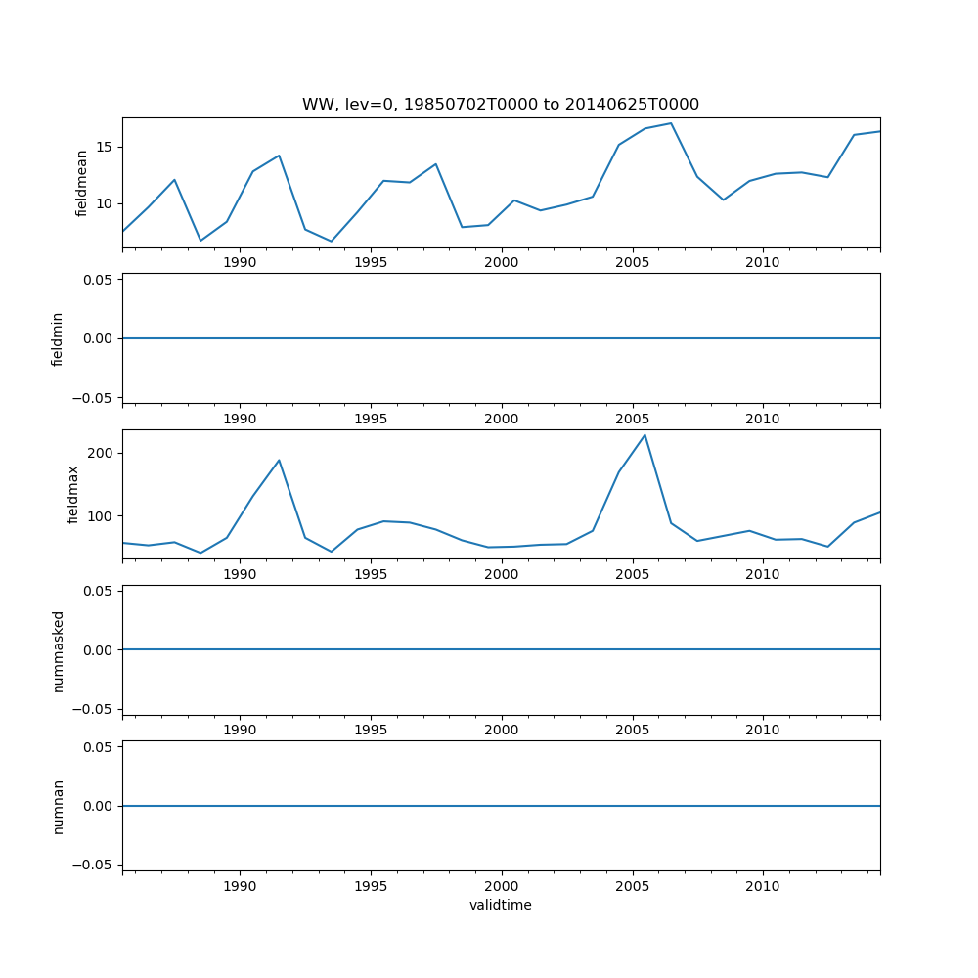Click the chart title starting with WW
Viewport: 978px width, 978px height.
pos(500,105)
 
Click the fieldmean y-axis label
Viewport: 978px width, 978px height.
pos(82,183)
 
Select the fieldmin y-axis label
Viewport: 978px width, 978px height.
pos(58,338)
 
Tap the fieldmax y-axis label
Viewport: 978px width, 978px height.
pos(73,494)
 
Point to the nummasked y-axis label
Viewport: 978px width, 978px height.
pos(58,650)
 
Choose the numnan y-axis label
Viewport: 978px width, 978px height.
pos(58,806)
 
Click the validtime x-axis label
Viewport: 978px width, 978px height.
pos(500,906)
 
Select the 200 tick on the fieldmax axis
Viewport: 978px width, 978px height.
pos(100,453)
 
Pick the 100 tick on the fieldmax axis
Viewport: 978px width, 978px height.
pos(100,515)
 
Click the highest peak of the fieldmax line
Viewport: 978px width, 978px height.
pos(645,435)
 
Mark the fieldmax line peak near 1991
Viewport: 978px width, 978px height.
pos(279,460)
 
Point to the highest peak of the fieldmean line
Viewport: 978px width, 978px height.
pos(671,123)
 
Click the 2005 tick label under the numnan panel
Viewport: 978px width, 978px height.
pos(632,886)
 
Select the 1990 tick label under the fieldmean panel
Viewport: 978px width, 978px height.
pos(240,262)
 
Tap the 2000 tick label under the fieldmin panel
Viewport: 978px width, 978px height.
pos(501,419)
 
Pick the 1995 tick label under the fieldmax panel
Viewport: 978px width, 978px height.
pos(371,574)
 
